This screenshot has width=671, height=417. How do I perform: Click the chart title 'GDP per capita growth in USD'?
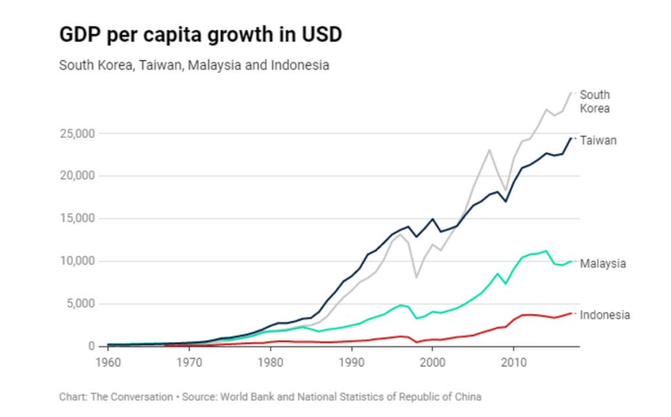click(x=201, y=35)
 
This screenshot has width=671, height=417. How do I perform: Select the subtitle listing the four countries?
click(x=194, y=66)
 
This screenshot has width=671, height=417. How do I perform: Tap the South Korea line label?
click(x=595, y=102)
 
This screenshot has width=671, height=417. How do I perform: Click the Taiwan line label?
click(x=598, y=140)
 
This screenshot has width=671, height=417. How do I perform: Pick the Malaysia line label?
click(x=603, y=264)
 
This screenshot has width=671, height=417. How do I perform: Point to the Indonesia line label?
click(x=605, y=315)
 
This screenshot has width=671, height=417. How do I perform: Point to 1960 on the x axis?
click(x=108, y=361)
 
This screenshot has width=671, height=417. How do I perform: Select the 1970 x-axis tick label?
click(x=189, y=361)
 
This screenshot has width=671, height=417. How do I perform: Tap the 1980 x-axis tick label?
click(x=270, y=361)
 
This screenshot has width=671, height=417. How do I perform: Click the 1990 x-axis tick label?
click(x=351, y=361)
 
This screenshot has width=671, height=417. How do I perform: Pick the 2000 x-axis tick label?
click(x=432, y=361)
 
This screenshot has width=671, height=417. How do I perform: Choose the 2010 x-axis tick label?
click(x=514, y=361)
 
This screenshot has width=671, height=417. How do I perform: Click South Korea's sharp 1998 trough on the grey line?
click(x=416, y=277)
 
